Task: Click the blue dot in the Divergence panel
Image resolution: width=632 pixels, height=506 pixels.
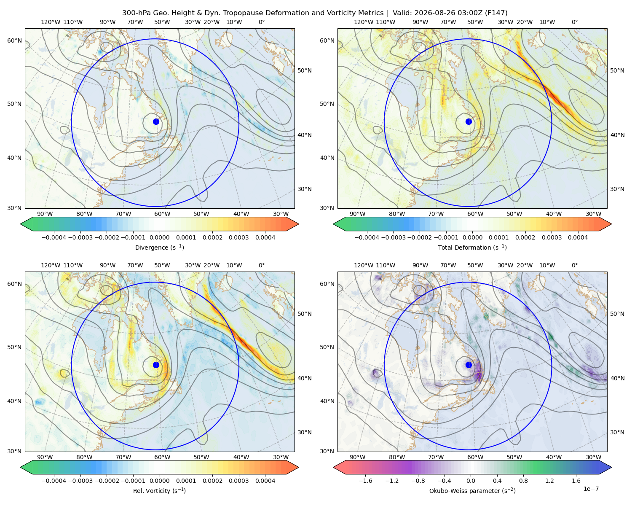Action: [x=156, y=122]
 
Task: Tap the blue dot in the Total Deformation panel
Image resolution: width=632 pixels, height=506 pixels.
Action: [x=469, y=122]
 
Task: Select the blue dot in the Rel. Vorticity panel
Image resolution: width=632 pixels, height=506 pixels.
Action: [x=156, y=365]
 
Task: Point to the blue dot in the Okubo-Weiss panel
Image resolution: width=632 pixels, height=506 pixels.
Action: [x=469, y=365]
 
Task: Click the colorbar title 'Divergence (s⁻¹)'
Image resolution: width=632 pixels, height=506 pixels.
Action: [x=159, y=248]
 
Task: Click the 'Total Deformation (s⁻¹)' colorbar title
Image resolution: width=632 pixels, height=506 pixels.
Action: [x=472, y=248]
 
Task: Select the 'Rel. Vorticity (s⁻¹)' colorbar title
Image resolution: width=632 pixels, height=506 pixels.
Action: [x=159, y=491]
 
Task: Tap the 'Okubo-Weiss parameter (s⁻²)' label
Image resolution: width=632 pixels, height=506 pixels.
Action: [x=472, y=491]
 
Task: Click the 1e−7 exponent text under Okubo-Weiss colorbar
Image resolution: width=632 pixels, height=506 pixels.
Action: [x=591, y=489]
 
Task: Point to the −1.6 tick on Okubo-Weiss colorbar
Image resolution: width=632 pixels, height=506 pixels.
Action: [x=365, y=481]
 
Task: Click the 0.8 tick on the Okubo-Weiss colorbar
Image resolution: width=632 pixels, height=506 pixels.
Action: [x=523, y=481]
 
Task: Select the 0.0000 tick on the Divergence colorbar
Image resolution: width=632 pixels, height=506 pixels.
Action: [x=159, y=237]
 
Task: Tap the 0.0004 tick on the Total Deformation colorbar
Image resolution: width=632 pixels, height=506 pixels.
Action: [x=578, y=237]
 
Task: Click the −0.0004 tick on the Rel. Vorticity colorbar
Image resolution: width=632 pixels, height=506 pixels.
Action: [x=54, y=481]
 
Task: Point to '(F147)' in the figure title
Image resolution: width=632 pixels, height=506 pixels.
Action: [x=496, y=13]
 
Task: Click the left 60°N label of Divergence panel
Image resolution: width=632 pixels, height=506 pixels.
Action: [x=14, y=40]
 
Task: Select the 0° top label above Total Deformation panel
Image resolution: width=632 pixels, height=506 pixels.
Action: [x=574, y=22]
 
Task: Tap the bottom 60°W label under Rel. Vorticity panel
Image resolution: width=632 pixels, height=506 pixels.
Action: [x=162, y=457]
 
